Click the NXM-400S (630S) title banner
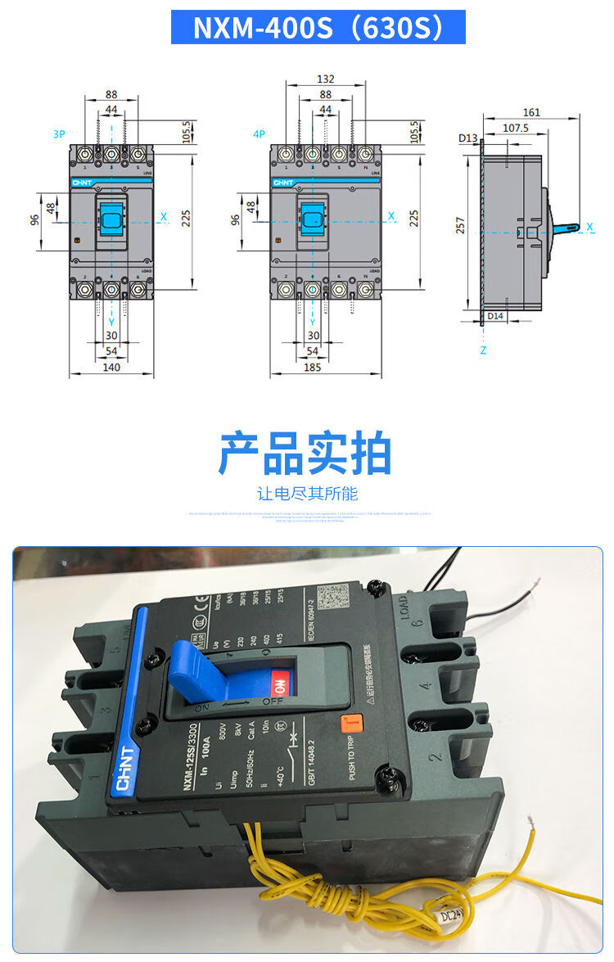[318, 27]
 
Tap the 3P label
[58, 133]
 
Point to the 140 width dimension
[111, 367]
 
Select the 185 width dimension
[313, 367]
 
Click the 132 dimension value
[326, 79]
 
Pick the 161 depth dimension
[531, 112]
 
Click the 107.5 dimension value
[515, 128]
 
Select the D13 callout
[467, 138]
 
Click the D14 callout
[494, 315]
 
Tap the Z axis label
[483, 350]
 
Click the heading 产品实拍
[305, 453]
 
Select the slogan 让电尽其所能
[307, 494]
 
